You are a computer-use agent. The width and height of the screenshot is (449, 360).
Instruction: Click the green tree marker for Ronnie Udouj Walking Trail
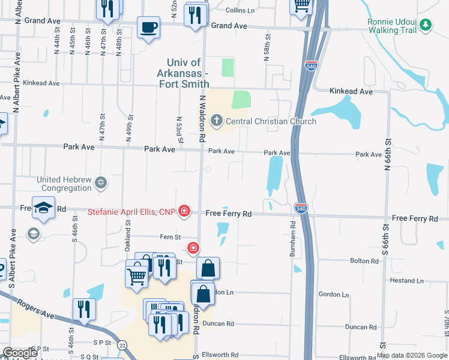pos(426,25)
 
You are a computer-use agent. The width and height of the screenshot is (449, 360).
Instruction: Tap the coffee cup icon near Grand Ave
pos(148,27)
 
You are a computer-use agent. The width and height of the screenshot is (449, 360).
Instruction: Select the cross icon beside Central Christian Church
pos(214,122)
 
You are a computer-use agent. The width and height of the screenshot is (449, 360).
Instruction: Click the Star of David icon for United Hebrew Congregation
pos(101,182)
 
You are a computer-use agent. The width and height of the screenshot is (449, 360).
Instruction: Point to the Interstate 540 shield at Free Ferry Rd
pos(301,208)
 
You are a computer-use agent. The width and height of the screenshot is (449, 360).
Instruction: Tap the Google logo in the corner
pos(20,353)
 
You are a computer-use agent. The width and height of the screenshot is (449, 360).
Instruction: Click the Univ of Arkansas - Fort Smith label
pos(188,73)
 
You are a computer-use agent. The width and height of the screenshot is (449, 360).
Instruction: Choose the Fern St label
pos(171,238)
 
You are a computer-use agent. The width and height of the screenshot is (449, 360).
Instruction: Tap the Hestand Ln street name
pos(406,280)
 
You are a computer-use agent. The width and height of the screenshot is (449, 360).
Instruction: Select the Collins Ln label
pos(240,10)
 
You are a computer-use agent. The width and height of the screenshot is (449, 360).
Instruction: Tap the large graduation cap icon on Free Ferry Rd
pos(44,207)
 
